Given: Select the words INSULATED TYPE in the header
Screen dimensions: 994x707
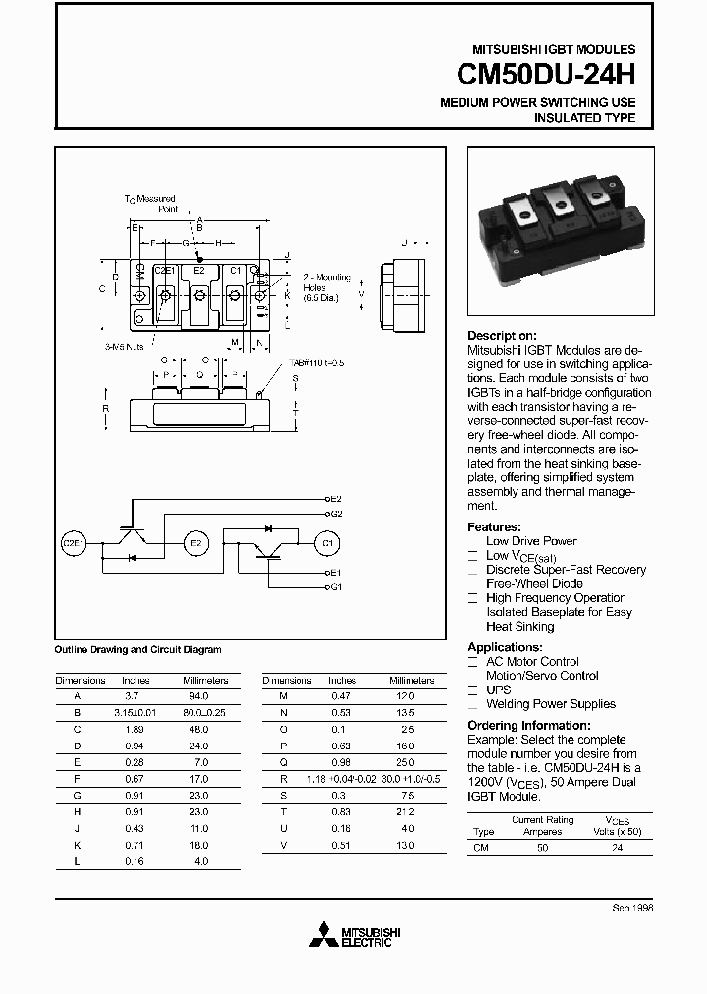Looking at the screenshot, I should point(584,118).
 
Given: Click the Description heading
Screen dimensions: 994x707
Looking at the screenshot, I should point(502,335).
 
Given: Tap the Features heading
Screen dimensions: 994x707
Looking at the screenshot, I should point(494,526).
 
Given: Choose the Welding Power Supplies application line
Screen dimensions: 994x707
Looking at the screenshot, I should point(551,704).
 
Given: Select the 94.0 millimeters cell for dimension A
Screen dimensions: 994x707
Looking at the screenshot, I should point(204,695).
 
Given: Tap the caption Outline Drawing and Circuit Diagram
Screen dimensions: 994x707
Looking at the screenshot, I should point(137,650).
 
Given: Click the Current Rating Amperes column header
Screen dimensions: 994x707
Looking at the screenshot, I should point(541,825).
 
